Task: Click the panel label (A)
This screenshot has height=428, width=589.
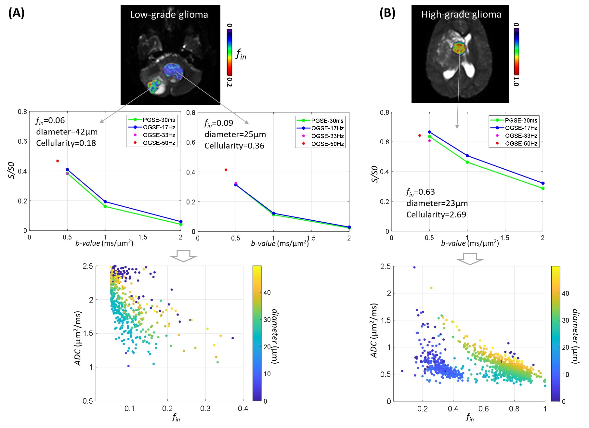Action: pos(16,13)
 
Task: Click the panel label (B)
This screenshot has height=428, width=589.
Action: pos(387,13)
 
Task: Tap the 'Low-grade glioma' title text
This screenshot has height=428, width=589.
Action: pos(169,15)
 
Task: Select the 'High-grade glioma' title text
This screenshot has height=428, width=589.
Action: pos(461,15)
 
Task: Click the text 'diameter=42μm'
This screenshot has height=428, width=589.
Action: pos(67,132)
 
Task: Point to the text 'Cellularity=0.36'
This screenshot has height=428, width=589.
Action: pos(234,146)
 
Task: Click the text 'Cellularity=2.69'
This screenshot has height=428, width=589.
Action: pos(436,215)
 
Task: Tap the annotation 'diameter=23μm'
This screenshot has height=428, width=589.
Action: pos(437,203)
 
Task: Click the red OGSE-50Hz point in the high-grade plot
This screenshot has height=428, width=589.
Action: pos(420,136)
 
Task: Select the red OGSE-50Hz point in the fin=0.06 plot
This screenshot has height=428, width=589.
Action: pos(58,161)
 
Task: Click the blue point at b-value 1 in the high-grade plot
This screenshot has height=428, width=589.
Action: pos(467,156)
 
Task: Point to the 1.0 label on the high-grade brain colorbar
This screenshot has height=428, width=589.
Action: pos(516,81)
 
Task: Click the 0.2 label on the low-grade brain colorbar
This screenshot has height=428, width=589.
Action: pos(229,82)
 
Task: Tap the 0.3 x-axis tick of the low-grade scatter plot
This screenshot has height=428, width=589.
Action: pos(205,409)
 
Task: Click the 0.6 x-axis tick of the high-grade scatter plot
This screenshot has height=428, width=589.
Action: pos(484,409)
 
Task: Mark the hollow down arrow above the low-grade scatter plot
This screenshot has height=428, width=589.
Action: pos(183,256)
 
